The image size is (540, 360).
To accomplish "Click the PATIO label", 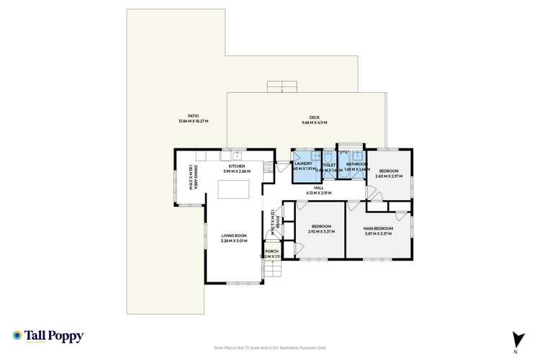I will point(193,115).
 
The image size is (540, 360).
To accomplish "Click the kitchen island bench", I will point(234,189).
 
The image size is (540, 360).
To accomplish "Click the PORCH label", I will point(272,251).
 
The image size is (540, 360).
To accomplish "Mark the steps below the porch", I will point(273,269).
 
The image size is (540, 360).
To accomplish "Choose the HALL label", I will point(318,187).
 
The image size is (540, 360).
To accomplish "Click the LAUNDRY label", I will point(303,164).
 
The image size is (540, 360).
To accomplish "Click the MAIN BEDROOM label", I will point(377,228).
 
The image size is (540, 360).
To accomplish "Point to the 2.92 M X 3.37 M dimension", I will point(322,232).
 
